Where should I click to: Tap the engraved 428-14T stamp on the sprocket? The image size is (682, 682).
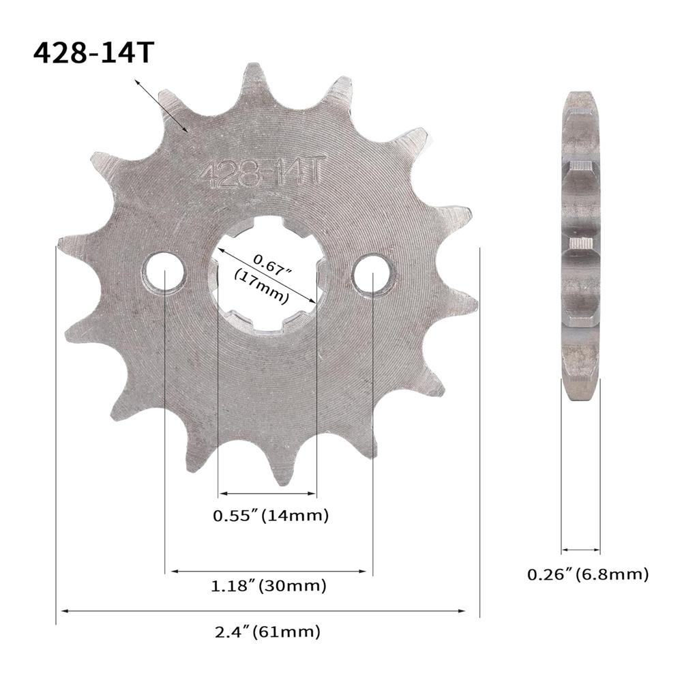[258, 174]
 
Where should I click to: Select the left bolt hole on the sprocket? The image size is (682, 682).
[164, 274]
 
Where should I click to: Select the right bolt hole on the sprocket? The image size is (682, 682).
[374, 274]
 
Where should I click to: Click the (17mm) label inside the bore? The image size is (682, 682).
[261, 286]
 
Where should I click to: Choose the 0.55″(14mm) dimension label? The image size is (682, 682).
[271, 516]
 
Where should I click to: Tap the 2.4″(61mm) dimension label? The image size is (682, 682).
[268, 632]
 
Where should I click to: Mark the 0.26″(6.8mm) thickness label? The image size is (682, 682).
[587, 575]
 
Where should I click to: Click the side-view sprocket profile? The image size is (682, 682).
[581, 246]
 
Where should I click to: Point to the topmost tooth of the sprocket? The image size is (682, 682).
[254, 75]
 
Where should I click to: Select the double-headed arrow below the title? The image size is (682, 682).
[161, 104]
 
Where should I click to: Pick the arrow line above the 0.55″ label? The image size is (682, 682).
[267, 494]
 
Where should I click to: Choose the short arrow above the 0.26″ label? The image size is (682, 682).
[581, 548]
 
